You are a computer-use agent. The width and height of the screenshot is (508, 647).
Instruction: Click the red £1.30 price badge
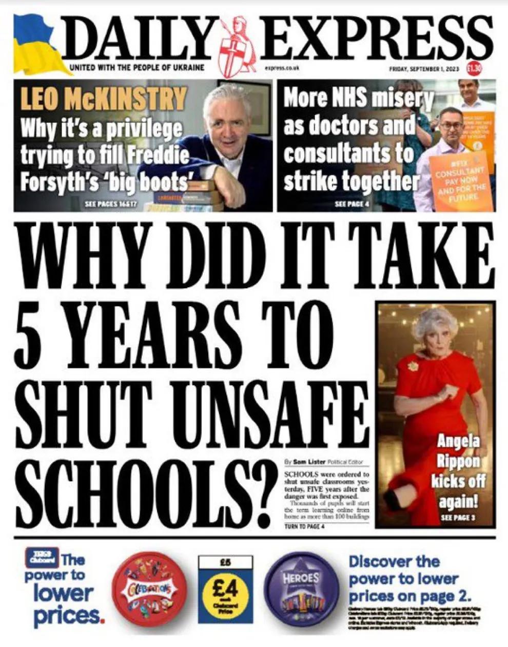(x=473, y=68)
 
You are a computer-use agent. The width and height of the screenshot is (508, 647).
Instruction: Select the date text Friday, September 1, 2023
(x=424, y=68)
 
